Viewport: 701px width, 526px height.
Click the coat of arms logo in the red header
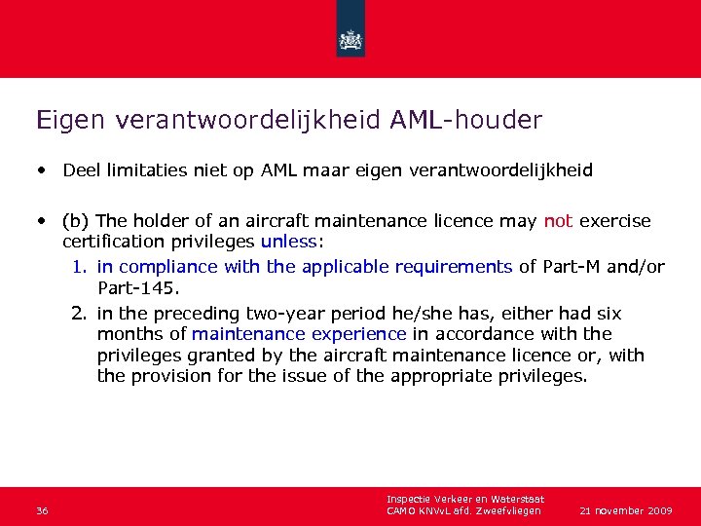point(350,40)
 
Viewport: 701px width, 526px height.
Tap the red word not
point(558,221)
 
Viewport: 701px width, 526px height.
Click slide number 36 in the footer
point(42,511)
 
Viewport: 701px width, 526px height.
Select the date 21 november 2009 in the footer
point(625,510)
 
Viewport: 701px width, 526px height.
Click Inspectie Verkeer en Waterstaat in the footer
point(464,500)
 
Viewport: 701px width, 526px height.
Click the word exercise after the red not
point(615,221)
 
